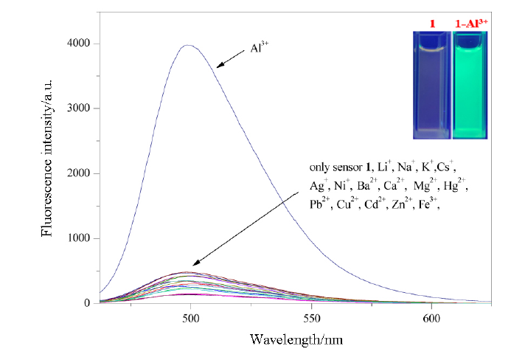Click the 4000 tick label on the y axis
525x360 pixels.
(x=79, y=44)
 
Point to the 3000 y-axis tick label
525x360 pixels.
(x=79, y=108)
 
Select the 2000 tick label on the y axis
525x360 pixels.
(x=79, y=173)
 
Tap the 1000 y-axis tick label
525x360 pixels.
(x=79, y=238)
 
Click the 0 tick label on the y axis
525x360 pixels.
(x=88, y=302)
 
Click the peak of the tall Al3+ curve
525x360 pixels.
(x=190, y=45)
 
